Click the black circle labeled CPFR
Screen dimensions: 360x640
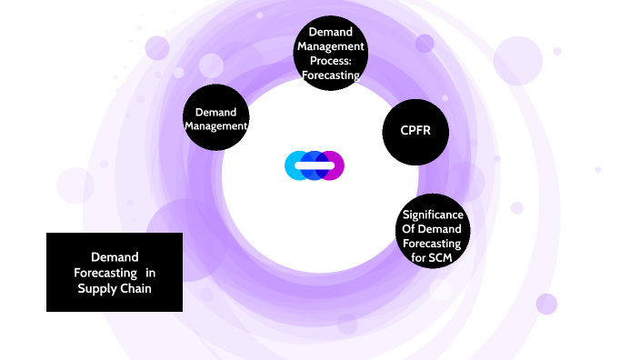[415, 132]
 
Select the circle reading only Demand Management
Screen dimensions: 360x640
[216, 119]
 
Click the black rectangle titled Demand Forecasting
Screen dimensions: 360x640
[115, 272]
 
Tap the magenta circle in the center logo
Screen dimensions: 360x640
[333, 165]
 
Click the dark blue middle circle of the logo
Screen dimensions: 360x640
[315, 165]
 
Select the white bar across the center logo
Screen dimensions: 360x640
[315, 165]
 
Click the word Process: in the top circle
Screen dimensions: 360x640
[329, 61]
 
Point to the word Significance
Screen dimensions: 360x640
[433, 215]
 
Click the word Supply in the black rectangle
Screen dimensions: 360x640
[96, 288]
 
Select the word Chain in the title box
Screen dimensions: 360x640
[135, 288]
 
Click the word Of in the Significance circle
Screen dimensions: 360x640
[410, 229]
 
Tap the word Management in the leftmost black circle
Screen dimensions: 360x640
[216, 126]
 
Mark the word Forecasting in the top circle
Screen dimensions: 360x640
[330, 75]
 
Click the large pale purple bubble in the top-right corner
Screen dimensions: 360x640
[517, 60]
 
